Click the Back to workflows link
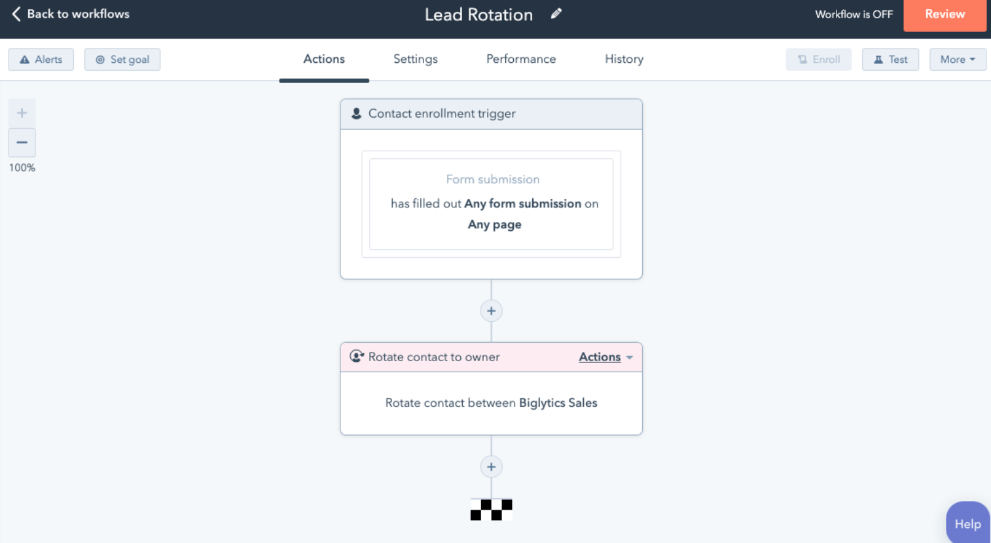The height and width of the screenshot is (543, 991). pos(71,14)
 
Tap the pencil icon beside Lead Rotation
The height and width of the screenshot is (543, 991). pos(556,14)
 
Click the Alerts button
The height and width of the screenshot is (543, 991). pos(41,60)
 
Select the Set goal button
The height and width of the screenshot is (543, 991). pos(122,60)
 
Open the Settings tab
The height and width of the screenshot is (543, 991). pos(416,59)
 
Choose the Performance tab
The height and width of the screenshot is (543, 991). pos(521,59)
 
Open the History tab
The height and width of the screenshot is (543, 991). pos(624,59)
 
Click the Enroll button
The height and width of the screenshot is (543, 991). pos(818,60)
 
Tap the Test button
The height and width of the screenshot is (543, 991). pos(890,60)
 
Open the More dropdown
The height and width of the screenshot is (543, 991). pos(958,60)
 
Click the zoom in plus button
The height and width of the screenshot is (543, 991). pos(22,113)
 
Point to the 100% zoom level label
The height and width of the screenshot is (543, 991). pos(22,167)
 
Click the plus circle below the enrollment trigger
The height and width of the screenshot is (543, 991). pos(491,311)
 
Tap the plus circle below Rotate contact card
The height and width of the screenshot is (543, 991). pos(491,466)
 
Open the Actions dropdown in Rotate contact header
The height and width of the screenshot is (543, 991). pos(605,357)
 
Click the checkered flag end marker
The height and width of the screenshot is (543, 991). pos(491,510)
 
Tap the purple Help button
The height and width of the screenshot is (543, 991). pos(967,523)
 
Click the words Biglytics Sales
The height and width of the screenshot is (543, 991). pos(558,403)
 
